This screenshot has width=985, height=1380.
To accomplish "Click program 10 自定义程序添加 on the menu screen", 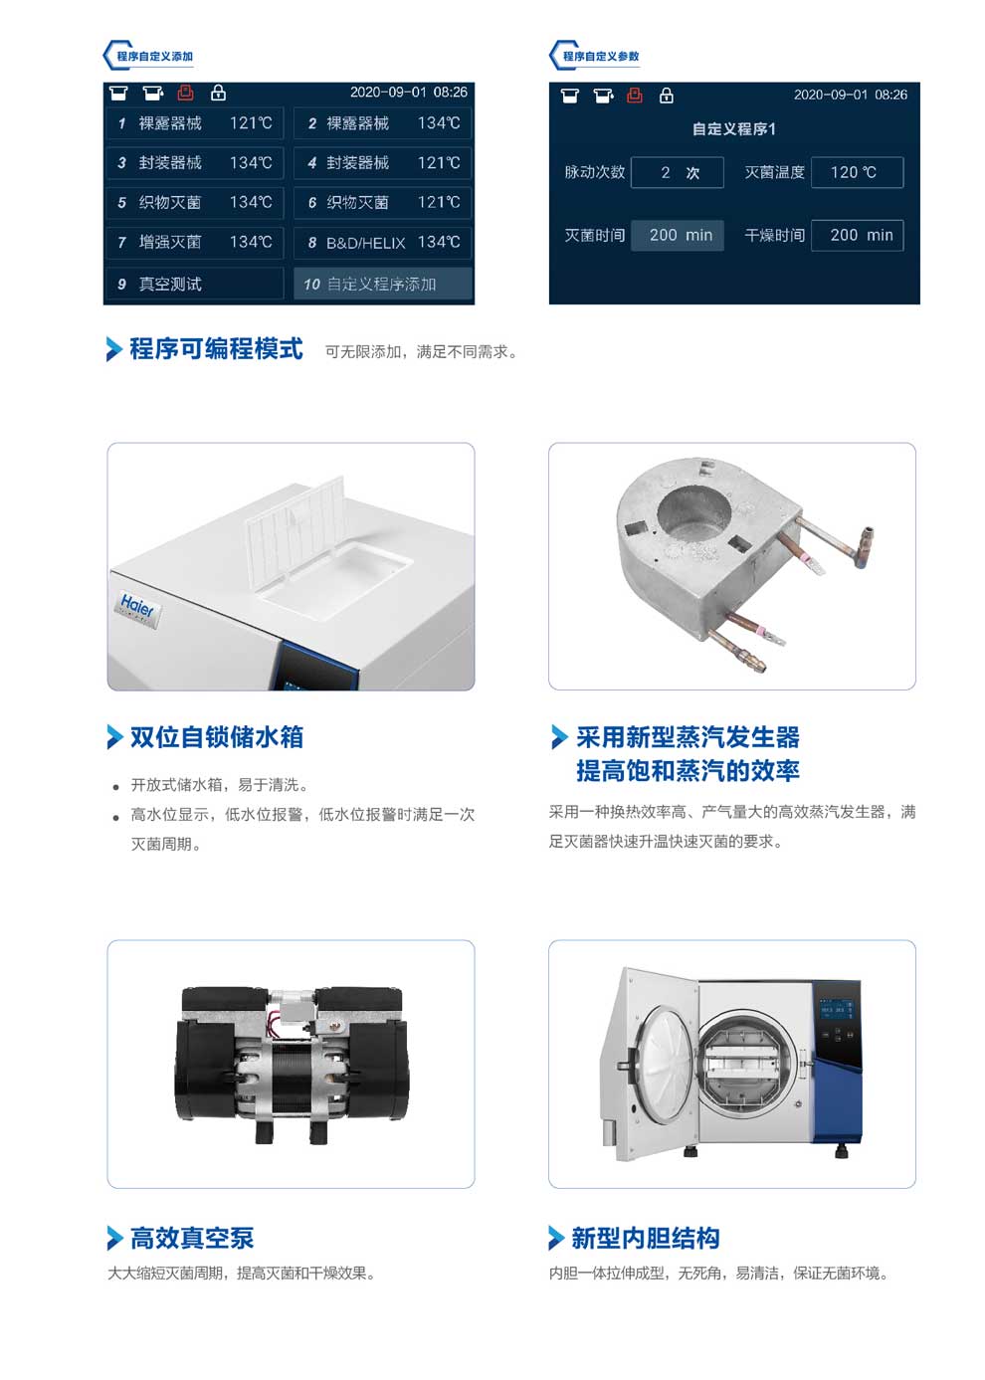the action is [382, 284].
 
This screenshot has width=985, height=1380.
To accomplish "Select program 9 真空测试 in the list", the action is [195, 284].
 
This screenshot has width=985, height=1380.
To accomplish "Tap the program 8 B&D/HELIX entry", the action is [382, 243].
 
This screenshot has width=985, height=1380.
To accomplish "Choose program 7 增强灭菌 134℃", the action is [195, 243].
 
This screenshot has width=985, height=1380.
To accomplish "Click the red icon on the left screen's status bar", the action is [185, 93].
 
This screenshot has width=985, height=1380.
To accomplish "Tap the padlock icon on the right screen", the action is [666, 96].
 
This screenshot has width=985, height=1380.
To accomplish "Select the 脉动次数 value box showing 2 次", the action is [677, 172].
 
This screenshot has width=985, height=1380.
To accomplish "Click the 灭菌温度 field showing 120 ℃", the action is [857, 172].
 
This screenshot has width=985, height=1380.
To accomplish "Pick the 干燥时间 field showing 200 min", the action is [857, 236].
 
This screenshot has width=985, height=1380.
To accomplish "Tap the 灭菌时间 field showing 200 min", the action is [677, 236].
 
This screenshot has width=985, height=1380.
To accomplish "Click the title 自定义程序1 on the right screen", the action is [733, 129].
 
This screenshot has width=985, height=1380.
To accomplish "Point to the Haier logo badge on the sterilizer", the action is [137, 609].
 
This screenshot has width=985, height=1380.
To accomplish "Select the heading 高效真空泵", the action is [192, 1238].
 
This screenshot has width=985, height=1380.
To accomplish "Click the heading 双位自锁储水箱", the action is [216, 737].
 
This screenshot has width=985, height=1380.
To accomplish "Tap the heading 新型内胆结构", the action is [645, 1238].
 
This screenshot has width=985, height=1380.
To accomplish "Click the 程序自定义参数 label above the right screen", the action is [601, 56].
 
